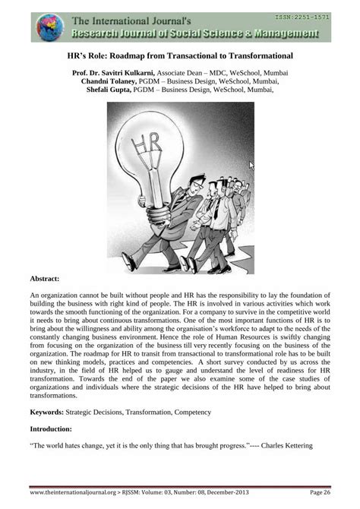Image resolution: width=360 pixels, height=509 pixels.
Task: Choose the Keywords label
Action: pos(46,413)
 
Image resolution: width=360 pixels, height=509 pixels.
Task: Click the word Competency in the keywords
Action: pos(188,413)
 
